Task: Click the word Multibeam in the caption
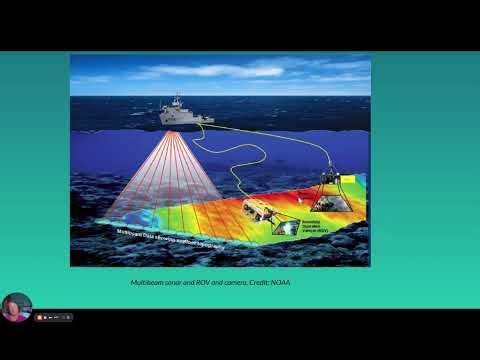[149, 284]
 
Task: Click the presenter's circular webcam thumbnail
[15, 306]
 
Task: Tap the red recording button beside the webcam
[39, 317]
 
